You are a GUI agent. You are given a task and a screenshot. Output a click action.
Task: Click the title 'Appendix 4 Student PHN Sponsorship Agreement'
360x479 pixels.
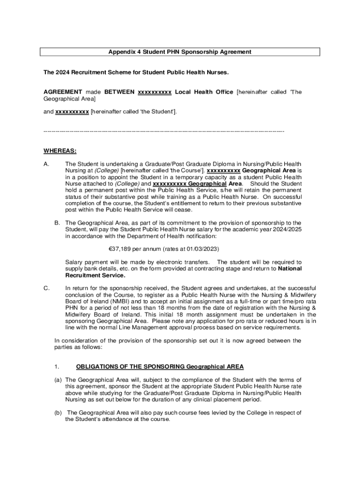pyautogui.click(x=180, y=52)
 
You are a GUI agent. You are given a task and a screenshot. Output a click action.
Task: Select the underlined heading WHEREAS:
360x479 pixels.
pyautogui.click(x=60, y=151)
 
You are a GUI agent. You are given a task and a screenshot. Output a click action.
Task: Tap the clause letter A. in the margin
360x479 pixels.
pyautogui.click(x=46, y=164)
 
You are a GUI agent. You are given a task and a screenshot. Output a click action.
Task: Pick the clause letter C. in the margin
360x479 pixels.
pyautogui.click(x=46, y=288)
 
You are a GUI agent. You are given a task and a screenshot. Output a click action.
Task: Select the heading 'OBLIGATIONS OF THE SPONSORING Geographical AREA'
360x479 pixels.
pyautogui.click(x=153, y=366)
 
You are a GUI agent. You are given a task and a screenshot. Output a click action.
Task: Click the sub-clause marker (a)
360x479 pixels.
pyautogui.click(x=58, y=380)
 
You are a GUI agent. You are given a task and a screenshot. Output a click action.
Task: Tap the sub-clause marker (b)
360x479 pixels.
pyautogui.click(x=58, y=413)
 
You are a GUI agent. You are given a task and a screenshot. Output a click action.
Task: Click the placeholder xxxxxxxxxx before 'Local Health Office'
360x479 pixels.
pyautogui.click(x=154, y=92)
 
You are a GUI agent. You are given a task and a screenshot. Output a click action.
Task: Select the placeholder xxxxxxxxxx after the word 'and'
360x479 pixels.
pyautogui.click(x=72, y=112)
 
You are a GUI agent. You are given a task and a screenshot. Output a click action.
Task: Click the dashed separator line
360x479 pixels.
pyautogui.click(x=164, y=131)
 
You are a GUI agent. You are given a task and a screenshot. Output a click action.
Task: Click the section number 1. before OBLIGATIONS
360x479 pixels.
pyautogui.click(x=56, y=366)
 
